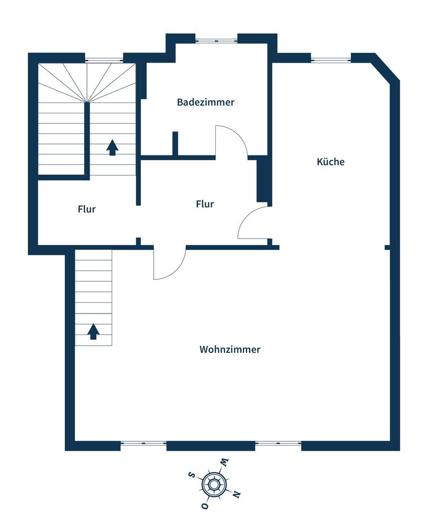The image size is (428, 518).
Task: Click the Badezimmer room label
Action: (x=206, y=102)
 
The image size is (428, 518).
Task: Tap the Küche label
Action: (x=330, y=161)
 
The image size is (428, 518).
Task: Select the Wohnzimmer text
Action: (x=230, y=349)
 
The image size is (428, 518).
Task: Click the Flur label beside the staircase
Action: (x=86, y=209)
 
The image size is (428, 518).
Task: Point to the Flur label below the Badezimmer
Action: (x=205, y=204)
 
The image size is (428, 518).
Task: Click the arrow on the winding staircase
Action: (x=112, y=147)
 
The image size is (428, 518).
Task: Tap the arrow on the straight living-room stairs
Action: (x=93, y=331)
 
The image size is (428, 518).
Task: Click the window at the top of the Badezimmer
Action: (x=216, y=40)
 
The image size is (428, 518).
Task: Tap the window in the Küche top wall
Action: (x=331, y=60)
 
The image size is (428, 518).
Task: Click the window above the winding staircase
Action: (x=104, y=60)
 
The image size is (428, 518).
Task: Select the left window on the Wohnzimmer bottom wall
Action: (x=144, y=443)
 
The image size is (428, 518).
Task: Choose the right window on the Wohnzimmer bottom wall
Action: (x=278, y=443)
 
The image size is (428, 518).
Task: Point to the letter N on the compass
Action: (x=236, y=494)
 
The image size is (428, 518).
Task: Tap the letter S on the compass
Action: (x=191, y=475)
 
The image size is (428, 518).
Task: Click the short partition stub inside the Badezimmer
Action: (x=175, y=144)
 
